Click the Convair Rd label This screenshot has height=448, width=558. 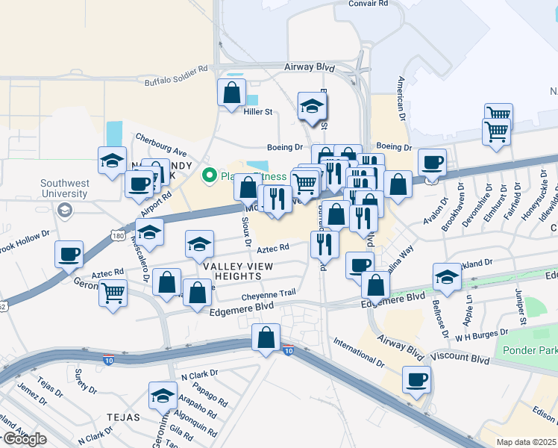click(x=369, y=4)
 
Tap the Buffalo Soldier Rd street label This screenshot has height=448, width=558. click(x=176, y=75)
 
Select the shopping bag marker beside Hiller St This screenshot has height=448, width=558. click(x=232, y=93)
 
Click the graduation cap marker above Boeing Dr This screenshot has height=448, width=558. click(x=313, y=107)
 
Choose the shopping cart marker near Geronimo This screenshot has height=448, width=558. click(x=113, y=292)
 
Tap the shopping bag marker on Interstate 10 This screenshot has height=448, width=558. click(x=266, y=338)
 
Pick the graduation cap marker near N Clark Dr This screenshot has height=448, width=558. click(x=163, y=396)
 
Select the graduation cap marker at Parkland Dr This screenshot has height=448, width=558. click(x=447, y=277)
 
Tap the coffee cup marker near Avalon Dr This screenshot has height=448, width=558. click(x=432, y=162)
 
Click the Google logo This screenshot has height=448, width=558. click(x=24, y=439)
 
